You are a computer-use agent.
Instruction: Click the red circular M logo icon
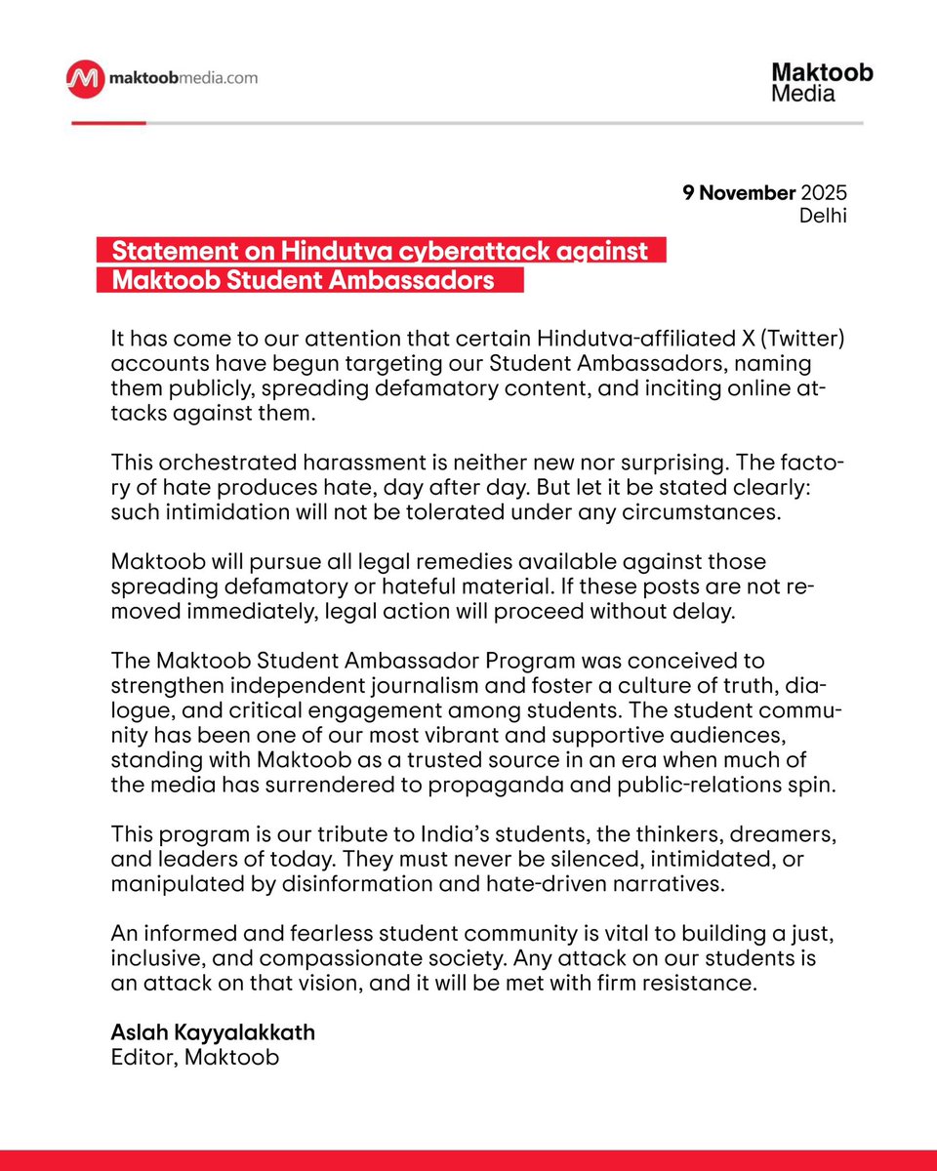[85, 77]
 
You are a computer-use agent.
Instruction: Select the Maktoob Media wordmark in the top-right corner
[822, 83]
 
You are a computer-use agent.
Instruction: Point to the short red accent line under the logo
[107, 123]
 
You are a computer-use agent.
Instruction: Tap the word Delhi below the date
[822, 215]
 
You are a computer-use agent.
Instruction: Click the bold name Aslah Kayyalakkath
[215, 1032]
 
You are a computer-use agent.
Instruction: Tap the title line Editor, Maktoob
[195, 1057]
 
